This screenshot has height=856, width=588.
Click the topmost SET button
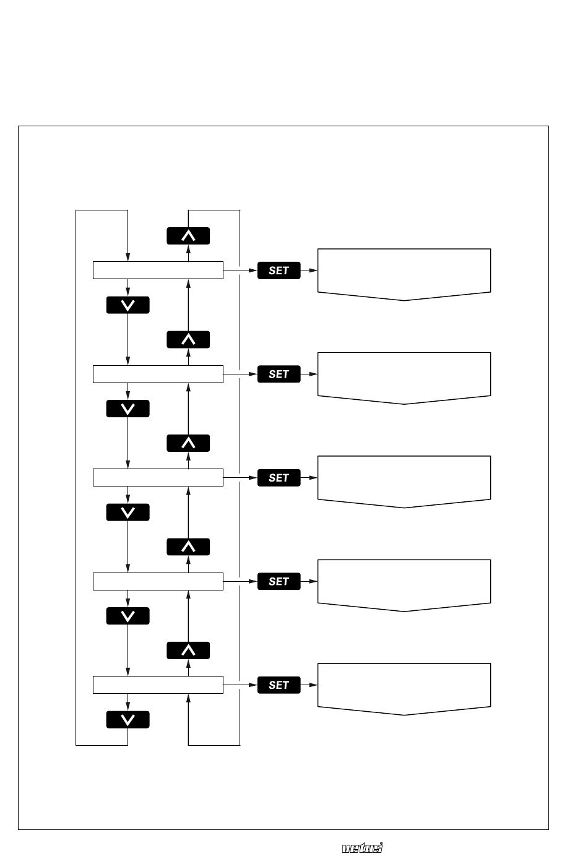pyautogui.click(x=279, y=270)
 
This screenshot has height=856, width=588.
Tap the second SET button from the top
pyautogui.click(x=279, y=374)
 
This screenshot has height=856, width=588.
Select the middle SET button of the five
pyautogui.click(x=279, y=478)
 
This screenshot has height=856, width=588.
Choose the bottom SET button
pyautogui.click(x=279, y=685)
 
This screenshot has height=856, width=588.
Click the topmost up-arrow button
pyautogui.click(x=188, y=236)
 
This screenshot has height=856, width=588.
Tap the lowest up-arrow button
pyautogui.click(x=188, y=651)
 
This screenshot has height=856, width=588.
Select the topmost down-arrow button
pyautogui.click(x=128, y=305)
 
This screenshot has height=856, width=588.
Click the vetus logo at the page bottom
pyautogui.click(x=362, y=848)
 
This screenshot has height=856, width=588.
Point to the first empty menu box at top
pyautogui.click(x=158, y=270)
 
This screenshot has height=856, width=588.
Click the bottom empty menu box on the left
pyautogui.click(x=158, y=685)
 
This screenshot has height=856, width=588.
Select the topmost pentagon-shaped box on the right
pyautogui.click(x=404, y=274)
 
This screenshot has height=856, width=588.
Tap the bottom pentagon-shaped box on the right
pyautogui.click(x=404, y=689)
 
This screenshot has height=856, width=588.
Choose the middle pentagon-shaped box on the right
pyautogui.click(x=404, y=482)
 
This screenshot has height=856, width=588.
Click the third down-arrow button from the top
pyautogui.click(x=128, y=512)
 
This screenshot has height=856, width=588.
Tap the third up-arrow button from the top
pyautogui.click(x=188, y=443)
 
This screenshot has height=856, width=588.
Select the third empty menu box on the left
pyautogui.click(x=158, y=477)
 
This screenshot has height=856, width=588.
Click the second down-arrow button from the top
pyautogui.click(x=128, y=409)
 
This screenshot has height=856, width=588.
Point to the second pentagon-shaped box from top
pyautogui.click(x=404, y=378)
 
